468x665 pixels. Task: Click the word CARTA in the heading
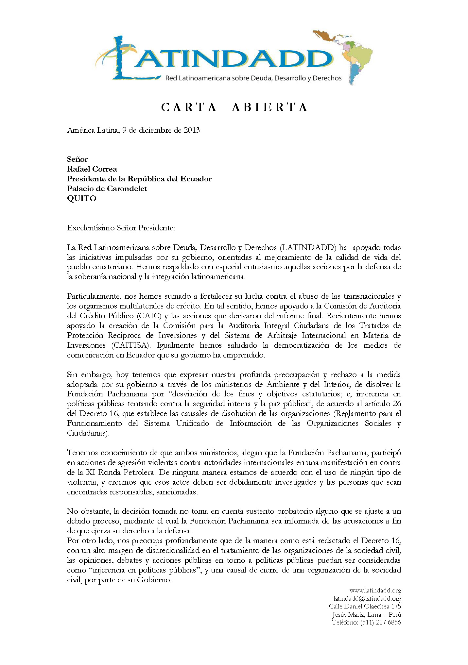(x=189, y=107)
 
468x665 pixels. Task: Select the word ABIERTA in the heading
(x=269, y=107)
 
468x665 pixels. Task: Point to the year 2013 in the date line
(x=191, y=130)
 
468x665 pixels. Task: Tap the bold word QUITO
(x=81, y=198)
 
